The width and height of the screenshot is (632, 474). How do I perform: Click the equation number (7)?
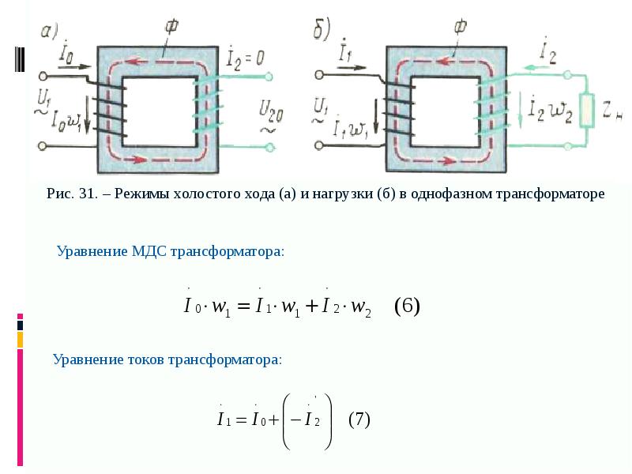coord(359,419)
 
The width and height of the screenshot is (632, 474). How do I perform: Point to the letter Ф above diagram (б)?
coord(458,26)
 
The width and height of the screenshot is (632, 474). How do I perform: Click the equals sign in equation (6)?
coord(242,306)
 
